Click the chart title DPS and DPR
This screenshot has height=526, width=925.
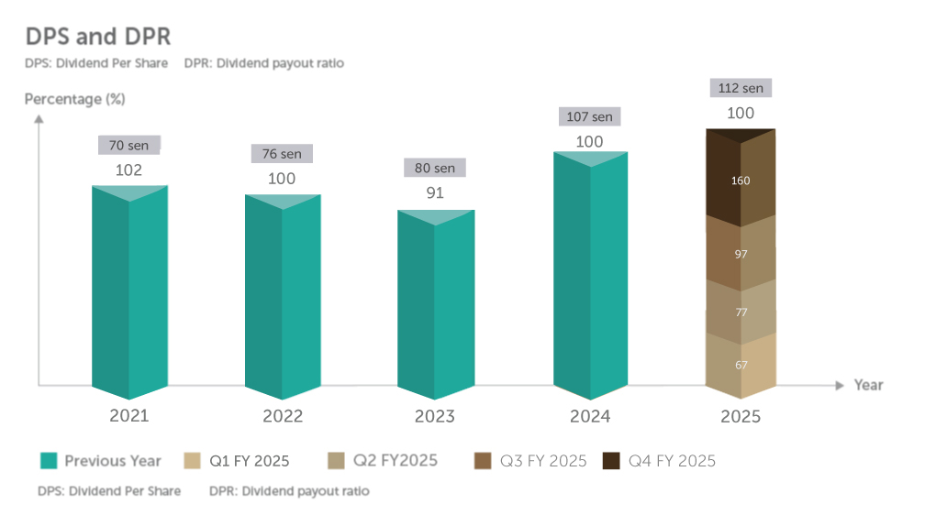(x=98, y=37)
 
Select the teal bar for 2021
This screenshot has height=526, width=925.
(x=129, y=293)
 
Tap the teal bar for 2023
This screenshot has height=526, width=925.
(x=435, y=307)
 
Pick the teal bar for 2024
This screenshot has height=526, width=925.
(x=590, y=275)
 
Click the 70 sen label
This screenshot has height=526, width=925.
(x=129, y=145)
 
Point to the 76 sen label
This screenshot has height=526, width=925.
(x=282, y=154)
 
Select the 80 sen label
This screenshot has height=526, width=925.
(x=435, y=168)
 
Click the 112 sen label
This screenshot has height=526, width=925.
(x=741, y=88)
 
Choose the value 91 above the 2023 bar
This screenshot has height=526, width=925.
(x=435, y=192)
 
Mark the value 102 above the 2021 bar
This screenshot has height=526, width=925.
(x=129, y=170)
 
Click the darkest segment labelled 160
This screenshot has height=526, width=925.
(x=741, y=180)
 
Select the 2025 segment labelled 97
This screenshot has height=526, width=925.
(x=741, y=252)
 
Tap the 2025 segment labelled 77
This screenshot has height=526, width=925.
(x=741, y=312)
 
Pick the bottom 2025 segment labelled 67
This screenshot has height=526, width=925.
(x=741, y=364)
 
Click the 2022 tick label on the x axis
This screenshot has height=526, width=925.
(x=282, y=416)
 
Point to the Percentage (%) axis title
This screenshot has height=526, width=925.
(x=74, y=99)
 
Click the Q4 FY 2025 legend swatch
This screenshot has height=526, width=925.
(x=610, y=461)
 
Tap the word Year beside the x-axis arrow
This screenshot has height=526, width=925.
(x=868, y=385)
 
